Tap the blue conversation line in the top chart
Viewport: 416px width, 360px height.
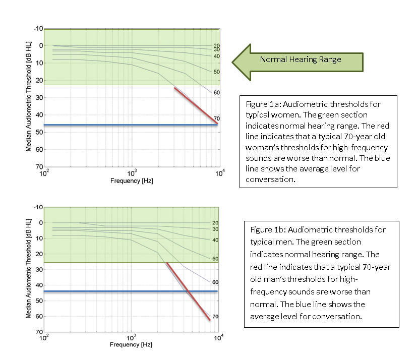[x=131, y=125]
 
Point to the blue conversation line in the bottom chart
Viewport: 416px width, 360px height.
[x=131, y=291]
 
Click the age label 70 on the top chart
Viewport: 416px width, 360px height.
[x=216, y=118]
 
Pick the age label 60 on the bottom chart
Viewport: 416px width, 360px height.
[x=215, y=282]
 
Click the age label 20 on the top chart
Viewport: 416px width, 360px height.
[x=216, y=45]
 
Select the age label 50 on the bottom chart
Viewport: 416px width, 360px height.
[x=215, y=259]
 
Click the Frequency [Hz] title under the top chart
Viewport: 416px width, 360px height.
[x=131, y=180]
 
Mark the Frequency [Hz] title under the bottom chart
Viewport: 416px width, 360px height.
[x=131, y=345]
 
